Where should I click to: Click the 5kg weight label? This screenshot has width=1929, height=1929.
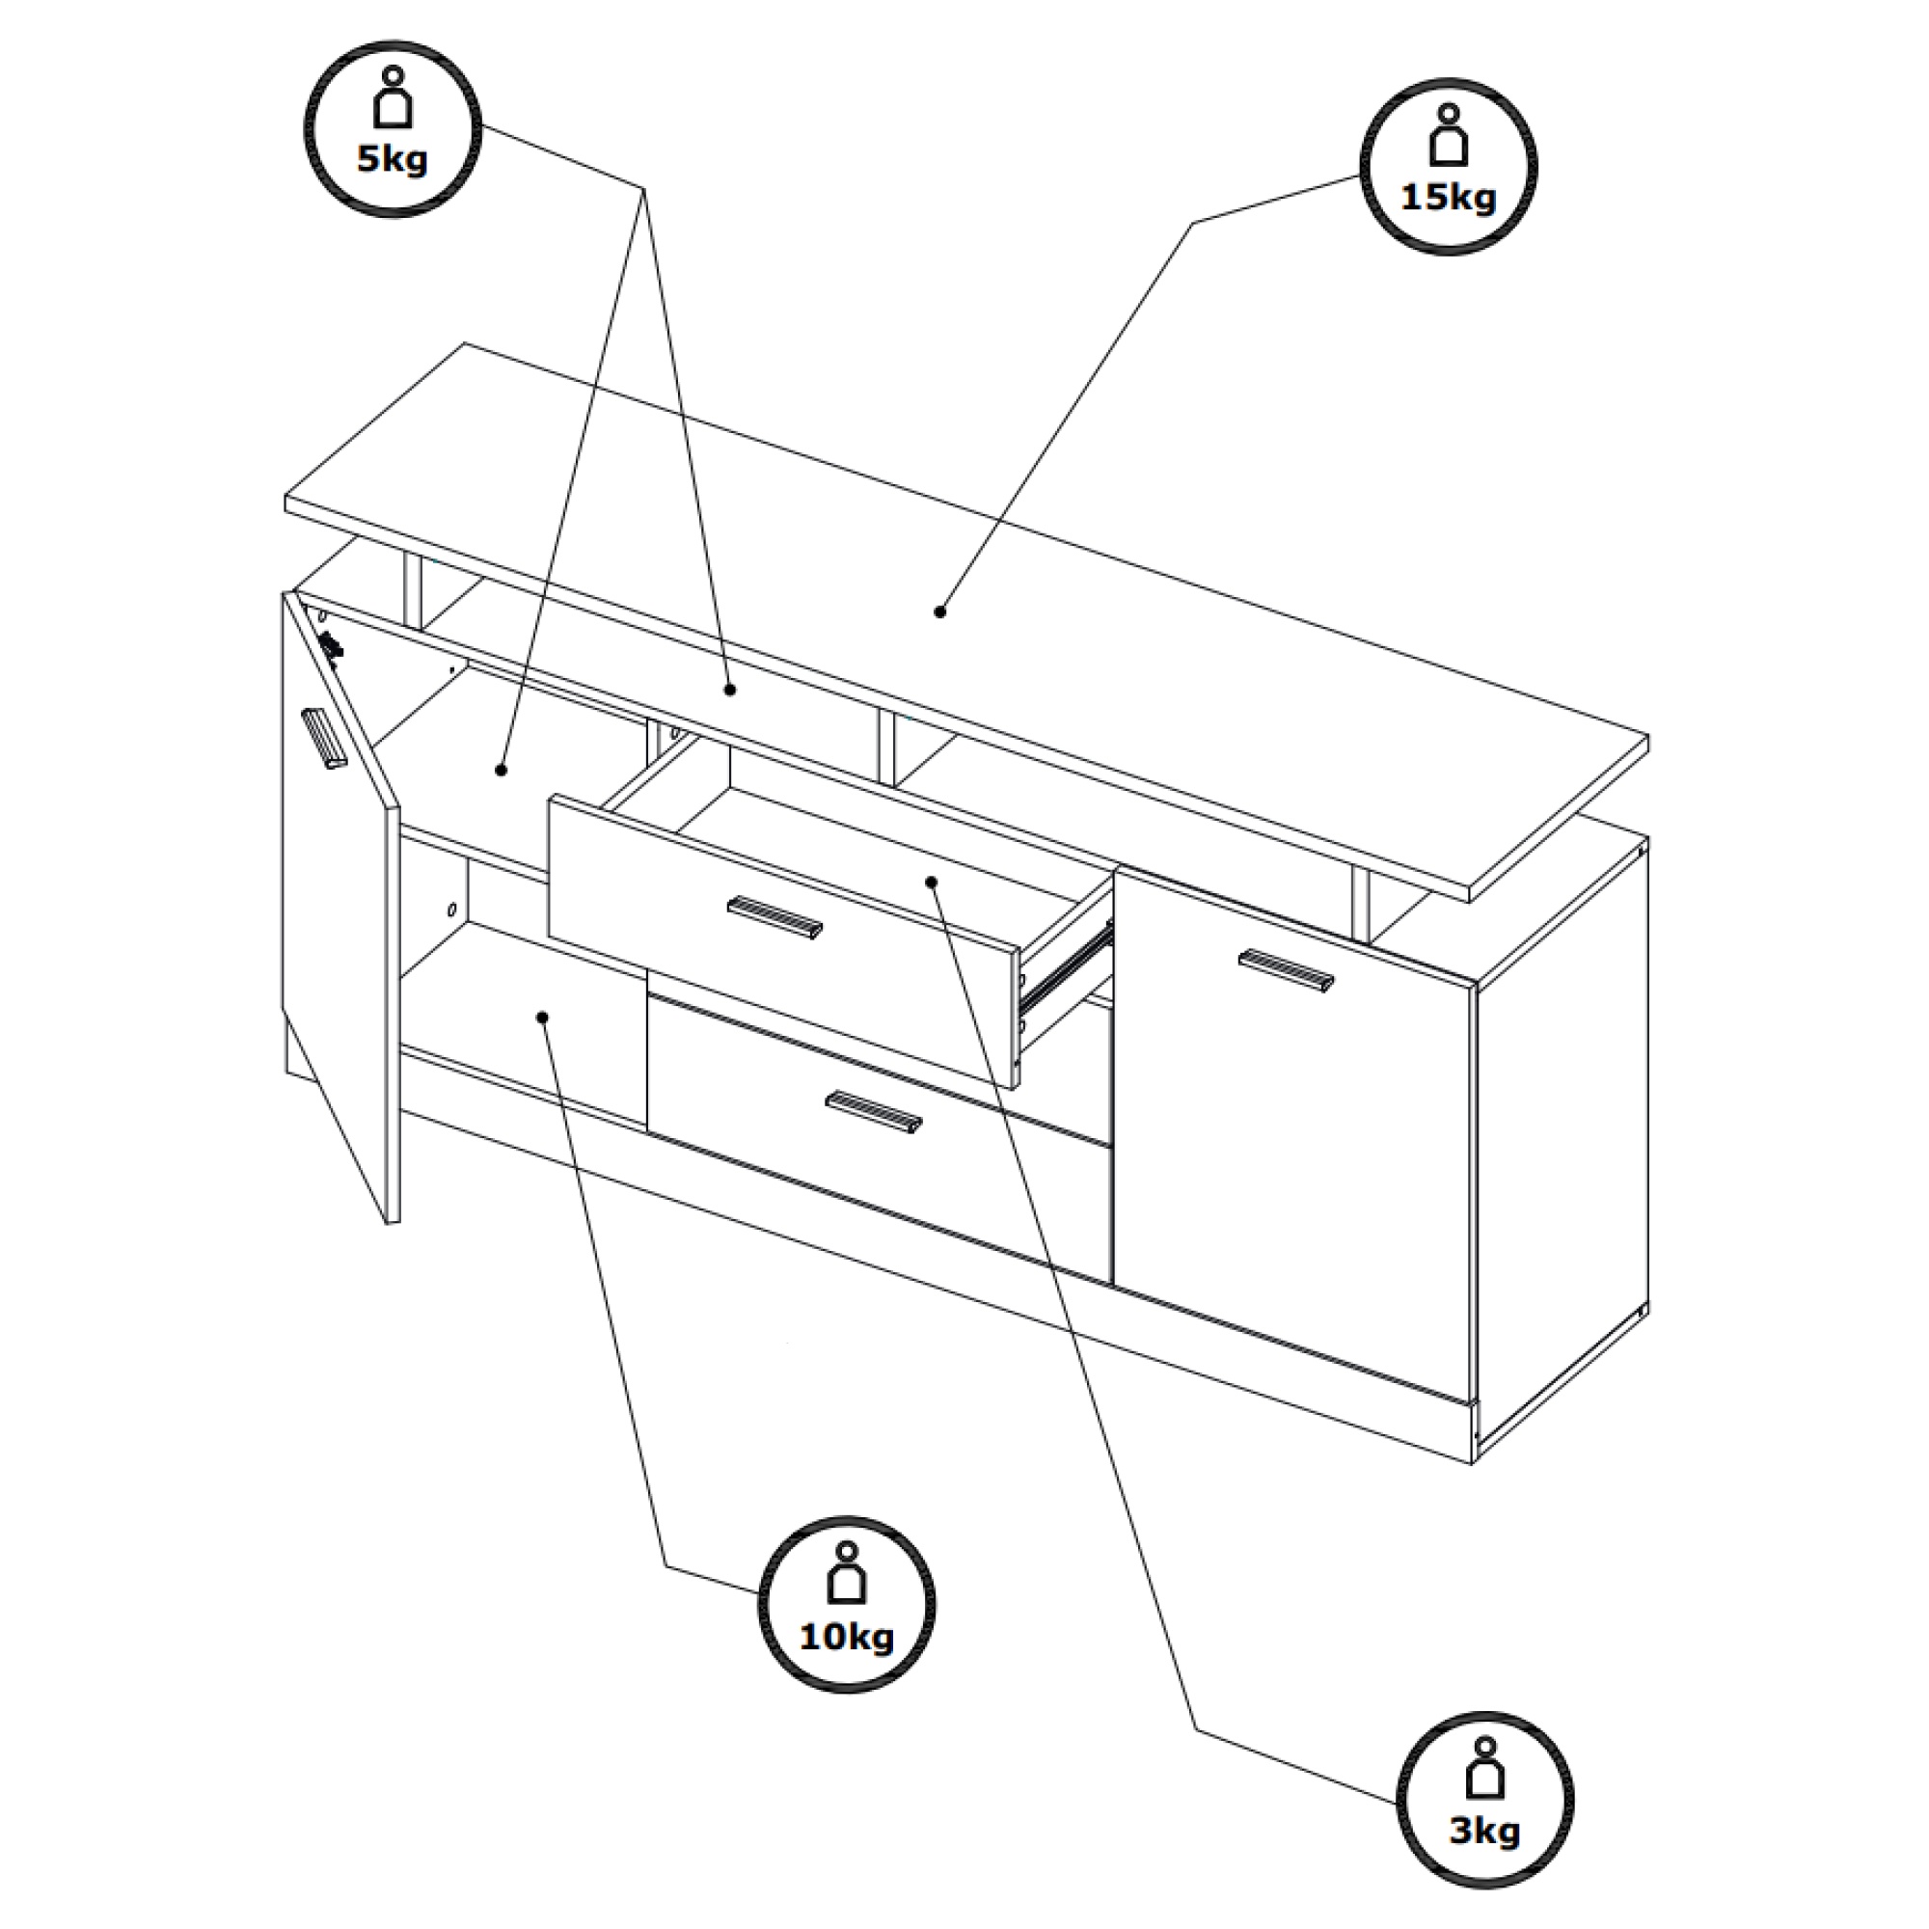tap(393, 160)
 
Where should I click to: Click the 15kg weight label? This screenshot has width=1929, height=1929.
tap(1449, 197)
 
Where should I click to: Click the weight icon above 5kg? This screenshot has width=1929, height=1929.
tap(393, 97)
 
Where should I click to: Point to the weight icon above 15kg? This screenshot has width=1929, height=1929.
tap(1449, 135)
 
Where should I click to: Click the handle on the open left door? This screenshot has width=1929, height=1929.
tap(323, 739)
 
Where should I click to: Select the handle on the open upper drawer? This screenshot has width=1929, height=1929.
tap(774, 915)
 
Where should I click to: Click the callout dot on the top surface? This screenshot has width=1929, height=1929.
tap(938, 611)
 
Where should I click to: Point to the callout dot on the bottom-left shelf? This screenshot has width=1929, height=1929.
tap(542, 1018)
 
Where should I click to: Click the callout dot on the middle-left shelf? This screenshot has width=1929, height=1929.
tap(502, 770)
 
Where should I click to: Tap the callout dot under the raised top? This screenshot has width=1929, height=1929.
tap(730, 689)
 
